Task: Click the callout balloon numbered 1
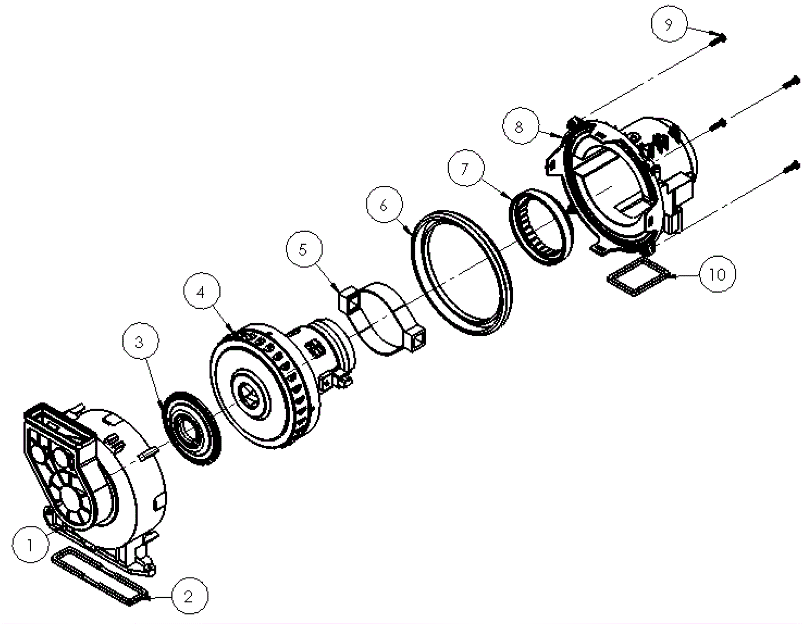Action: tap(30, 544)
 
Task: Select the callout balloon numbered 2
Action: tap(189, 596)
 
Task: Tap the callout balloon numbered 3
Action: tap(141, 342)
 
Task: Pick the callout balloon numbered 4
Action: tap(202, 291)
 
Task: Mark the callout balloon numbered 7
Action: tap(466, 168)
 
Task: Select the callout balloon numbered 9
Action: tap(669, 24)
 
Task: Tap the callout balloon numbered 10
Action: tap(717, 274)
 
